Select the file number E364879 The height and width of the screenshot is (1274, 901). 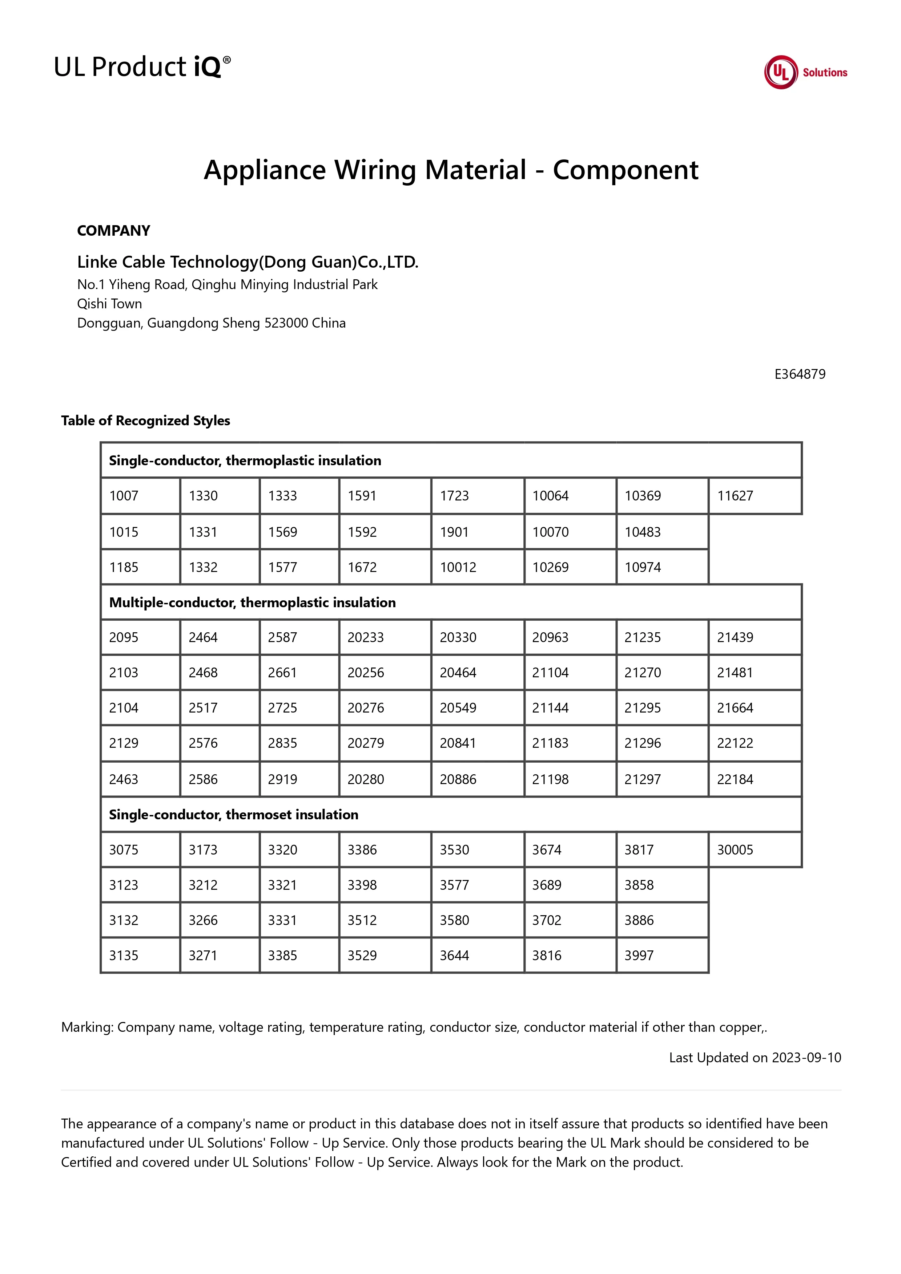pos(799,374)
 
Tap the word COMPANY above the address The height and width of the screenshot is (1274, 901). pos(113,231)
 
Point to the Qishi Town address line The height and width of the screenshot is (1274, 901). pos(109,304)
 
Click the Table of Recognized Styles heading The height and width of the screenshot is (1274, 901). pos(145,421)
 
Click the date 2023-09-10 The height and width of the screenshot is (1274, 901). pos(806,1058)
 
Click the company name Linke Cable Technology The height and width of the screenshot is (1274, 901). pos(248,262)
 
